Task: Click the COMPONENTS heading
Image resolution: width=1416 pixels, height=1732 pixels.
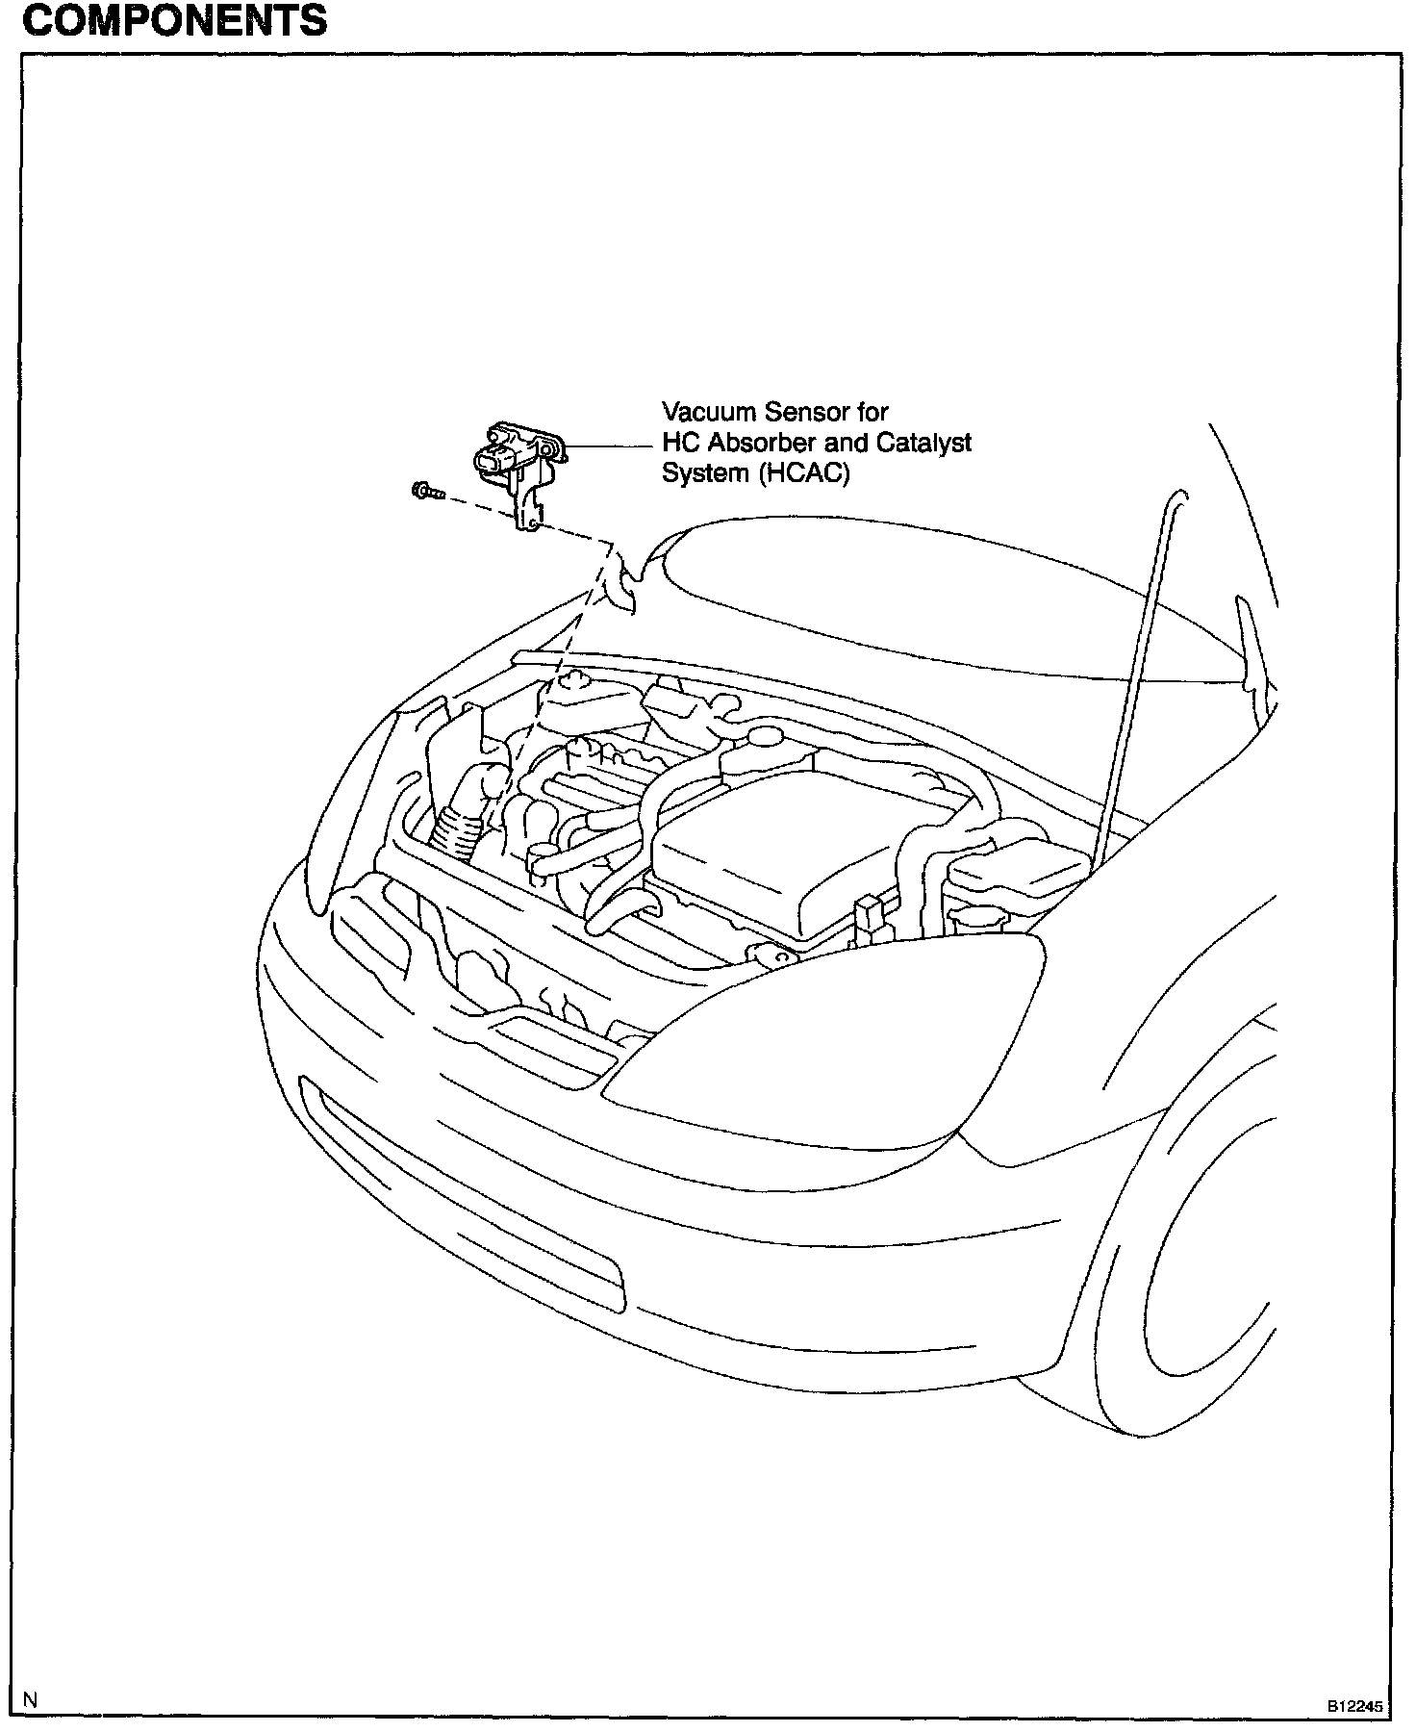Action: (174, 20)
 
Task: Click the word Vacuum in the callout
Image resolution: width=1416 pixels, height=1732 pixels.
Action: (708, 412)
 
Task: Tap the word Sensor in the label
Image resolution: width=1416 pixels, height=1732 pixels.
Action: (807, 412)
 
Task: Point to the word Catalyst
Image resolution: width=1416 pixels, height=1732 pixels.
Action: (923, 444)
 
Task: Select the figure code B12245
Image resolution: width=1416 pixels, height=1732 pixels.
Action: (1354, 1706)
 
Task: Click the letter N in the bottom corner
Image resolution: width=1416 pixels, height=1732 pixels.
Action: (31, 1700)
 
